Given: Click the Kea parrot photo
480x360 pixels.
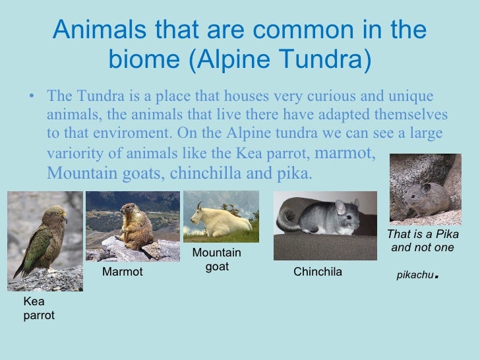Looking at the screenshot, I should tap(45, 241).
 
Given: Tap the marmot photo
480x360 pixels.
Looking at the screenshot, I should tap(133, 226).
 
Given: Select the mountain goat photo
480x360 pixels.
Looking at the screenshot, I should tap(221, 217).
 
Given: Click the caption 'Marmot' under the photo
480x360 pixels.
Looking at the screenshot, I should tap(123, 272).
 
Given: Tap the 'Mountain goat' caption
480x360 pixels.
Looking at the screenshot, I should tap(217, 260).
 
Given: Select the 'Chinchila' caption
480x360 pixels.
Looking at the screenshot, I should tap(317, 272).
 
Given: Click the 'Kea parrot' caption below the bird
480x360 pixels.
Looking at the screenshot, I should tap(39, 308).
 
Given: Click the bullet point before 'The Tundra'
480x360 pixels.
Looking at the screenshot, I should tap(32, 96).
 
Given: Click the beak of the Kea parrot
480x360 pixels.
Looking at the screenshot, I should tap(63, 218).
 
